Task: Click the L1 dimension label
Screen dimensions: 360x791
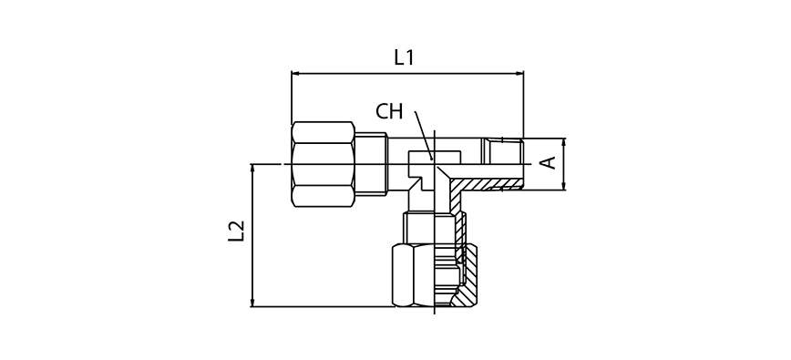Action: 404,57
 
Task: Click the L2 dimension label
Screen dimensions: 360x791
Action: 236,231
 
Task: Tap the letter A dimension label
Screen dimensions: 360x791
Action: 549,163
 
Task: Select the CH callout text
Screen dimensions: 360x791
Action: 389,112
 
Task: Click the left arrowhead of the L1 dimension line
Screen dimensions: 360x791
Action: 295,73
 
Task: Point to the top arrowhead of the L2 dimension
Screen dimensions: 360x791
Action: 252,168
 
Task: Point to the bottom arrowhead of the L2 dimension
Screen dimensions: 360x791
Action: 252,303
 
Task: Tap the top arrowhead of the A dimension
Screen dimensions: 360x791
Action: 564,142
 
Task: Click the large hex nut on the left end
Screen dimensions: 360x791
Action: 323,164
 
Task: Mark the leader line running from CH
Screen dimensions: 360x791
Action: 423,135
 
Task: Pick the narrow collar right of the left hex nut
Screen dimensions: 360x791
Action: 371,164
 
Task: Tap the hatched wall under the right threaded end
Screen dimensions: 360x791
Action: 497,185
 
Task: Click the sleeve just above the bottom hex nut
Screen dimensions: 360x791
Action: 432,227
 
